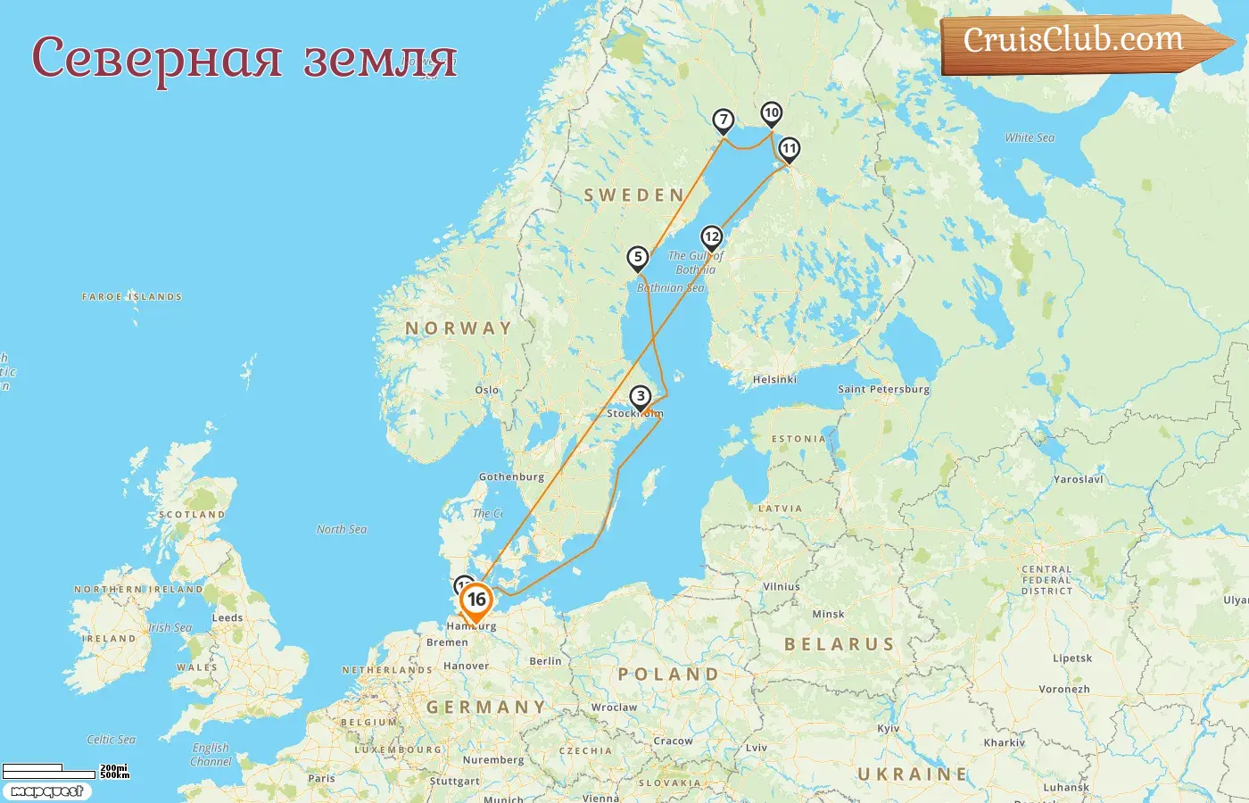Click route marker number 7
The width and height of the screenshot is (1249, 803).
(x=724, y=120)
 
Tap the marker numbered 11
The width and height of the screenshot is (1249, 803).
(x=789, y=149)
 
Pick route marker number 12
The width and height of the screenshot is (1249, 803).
(x=711, y=237)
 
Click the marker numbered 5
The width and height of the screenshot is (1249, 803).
(x=637, y=258)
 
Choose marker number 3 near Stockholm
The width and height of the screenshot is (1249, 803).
(x=640, y=397)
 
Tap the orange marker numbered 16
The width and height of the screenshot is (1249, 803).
(x=476, y=600)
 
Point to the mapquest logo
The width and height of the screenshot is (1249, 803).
(x=46, y=791)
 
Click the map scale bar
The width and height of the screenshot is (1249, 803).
(x=50, y=771)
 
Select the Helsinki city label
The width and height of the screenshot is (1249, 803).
(x=774, y=380)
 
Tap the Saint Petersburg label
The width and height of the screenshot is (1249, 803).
(x=883, y=389)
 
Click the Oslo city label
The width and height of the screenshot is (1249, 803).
(x=487, y=390)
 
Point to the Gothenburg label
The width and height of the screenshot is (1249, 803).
(x=511, y=476)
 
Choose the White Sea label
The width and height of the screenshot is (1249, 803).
(x=1030, y=137)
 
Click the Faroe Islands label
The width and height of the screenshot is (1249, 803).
(x=132, y=296)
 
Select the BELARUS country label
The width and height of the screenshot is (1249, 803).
(x=839, y=644)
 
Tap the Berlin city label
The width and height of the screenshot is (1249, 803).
(x=545, y=661)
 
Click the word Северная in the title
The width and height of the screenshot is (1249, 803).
(x=157, y=59)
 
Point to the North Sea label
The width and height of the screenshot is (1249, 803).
(x=342, y=529)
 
